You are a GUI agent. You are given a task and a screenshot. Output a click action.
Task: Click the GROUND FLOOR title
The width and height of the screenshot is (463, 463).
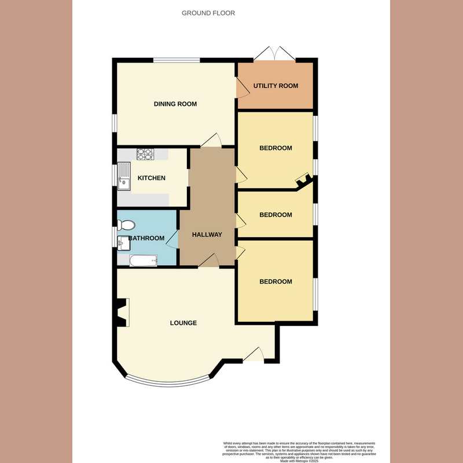pyautogui.click(x=208, y=13)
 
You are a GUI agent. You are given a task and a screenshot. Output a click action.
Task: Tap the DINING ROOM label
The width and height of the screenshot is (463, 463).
pyautogui.click(x=175, y=104)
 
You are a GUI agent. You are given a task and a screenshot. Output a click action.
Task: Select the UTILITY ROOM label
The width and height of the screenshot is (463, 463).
pyautogui.click(x=275, y=86)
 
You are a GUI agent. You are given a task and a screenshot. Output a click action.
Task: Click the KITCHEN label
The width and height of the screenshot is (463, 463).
pyautogui.click(x=152, y=178)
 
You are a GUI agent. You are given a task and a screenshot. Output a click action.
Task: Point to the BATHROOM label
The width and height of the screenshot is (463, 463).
pyautogui.click(x=147, y=238)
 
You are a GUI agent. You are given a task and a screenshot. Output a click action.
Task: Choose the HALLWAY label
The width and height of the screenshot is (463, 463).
pyautogui.click(x=207, y=234)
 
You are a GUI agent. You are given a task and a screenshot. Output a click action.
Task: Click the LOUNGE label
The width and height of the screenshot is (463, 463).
pyautogui.click(x=183, y=322)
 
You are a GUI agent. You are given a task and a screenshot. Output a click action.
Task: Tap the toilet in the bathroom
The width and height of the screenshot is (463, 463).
pyautogui.click(x=126, y=225)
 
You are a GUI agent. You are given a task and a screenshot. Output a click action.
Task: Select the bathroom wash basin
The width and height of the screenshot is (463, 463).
pyautogui.click(x=123, y=243)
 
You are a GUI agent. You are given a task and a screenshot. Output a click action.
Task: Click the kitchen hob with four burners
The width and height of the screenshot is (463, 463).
pyautogui.click(x=145, y=154)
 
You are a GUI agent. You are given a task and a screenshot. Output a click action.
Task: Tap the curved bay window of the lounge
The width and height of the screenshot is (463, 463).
pyautogui.click(x=167, y=383)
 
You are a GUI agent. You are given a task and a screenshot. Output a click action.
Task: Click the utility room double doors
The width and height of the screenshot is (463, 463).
pyautogui.click(x=275, y=54)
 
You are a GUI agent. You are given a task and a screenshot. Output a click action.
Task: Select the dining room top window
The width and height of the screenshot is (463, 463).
pyautogui.click(x=177, y=60)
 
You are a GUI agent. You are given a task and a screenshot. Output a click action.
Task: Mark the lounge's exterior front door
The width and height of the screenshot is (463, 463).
pyautogui.click(x=253, y=355)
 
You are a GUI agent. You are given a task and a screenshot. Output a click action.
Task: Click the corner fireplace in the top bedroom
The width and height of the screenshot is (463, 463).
pyautogui.click(x=303, y=181)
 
